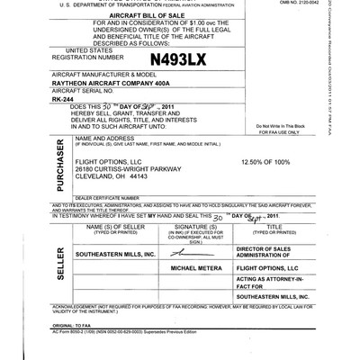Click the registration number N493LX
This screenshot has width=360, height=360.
click(x=180, y=61)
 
